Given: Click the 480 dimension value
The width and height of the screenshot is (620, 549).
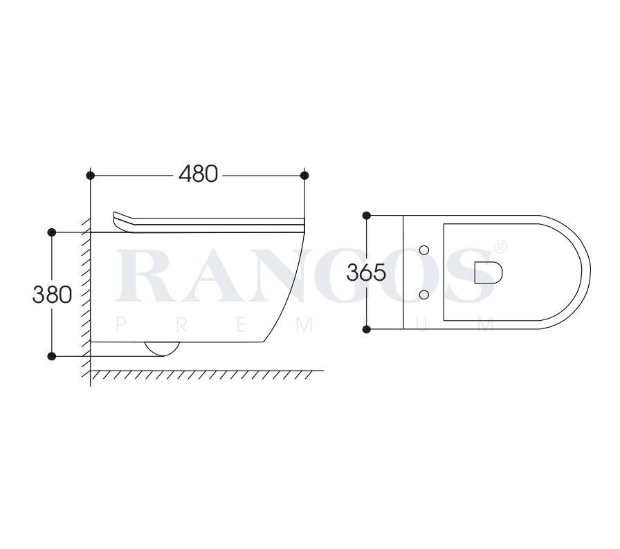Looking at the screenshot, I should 198,174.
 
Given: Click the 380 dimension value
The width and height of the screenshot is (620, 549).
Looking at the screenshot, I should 52,294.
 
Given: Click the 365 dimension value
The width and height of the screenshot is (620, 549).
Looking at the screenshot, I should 366,272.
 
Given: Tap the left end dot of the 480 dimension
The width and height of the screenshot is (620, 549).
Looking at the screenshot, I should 91,175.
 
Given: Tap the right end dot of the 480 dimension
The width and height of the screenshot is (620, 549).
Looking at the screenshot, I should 305,175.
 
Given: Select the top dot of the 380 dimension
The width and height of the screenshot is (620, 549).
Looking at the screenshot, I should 52,232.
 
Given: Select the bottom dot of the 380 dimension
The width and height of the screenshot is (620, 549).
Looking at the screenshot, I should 52,356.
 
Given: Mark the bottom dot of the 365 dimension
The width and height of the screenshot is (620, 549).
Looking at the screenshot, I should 367,328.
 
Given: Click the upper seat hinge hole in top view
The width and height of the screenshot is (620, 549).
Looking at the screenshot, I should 424,248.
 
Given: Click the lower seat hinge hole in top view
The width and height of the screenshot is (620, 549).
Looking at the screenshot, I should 424,295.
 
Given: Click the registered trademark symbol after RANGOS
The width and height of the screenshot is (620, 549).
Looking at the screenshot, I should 502,246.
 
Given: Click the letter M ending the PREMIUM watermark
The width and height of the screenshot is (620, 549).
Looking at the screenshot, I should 489,326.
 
